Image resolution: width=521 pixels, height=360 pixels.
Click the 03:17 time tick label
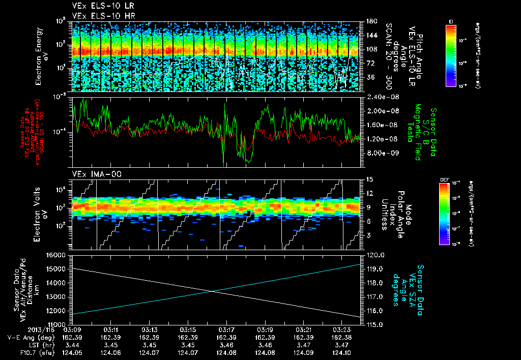point(226,329)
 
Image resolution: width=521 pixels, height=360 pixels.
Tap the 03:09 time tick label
point(73,329)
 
